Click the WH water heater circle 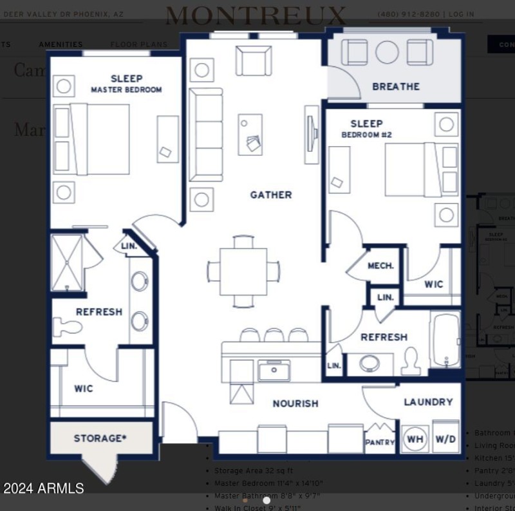point(415,439)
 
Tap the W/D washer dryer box point(445,439)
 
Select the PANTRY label point(380,442)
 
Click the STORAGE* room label point(100,438)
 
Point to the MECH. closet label point(380,266)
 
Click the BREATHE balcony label point(396,86)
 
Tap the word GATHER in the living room point(271,194)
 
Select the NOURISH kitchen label point(295,404)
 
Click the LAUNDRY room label point(428,402)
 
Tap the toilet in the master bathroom point(67,327)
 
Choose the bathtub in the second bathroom point(445,340)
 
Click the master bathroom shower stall point(68,263)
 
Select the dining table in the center point(243,271)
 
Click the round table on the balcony point(387,52)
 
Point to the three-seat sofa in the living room point(205,135)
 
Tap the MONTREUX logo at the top point(256,15)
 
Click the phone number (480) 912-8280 point(408,14)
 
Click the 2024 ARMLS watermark point(43,488)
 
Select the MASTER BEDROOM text point(126,89)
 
